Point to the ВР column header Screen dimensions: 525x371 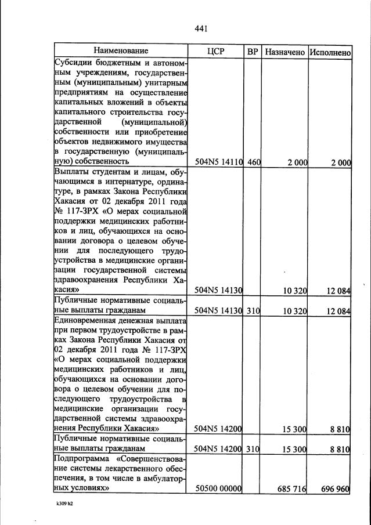point(253,52)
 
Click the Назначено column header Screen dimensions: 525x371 point(284,52)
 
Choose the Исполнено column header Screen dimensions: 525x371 point(330,52)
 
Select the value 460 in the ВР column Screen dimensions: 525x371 point(254,162)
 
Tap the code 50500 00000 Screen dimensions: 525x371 point(218,489)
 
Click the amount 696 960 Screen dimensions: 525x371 point(335,489)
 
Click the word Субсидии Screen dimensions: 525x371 point(73,63)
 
